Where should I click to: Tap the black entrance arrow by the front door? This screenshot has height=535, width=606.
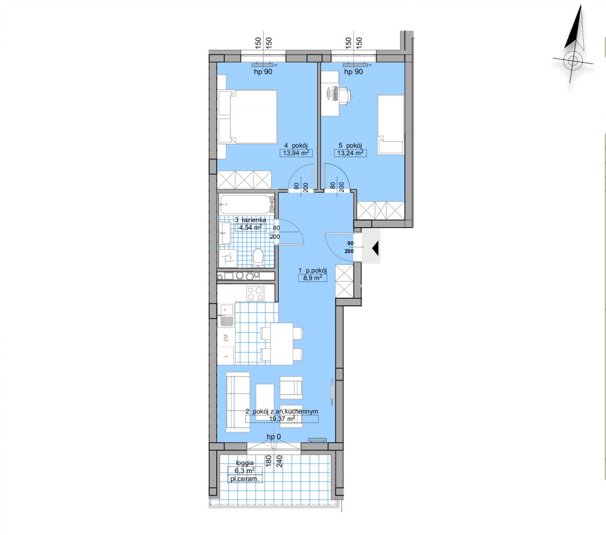[x=375, y=248]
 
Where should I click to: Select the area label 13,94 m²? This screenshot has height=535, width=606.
[x=296, y=153]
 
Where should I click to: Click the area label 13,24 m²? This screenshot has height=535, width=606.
[x=350, y=153]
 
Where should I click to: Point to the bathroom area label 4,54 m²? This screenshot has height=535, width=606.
[x=250, y=228]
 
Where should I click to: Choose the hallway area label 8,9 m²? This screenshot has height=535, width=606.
[x=313, y=278]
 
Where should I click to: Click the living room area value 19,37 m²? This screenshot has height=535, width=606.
[x=282, y=419]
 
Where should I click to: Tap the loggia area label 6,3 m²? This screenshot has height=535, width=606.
[x=245, y=470]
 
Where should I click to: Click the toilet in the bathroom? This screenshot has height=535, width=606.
[x=258, y=257]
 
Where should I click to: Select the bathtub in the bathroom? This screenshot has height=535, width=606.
[x=247, y=204]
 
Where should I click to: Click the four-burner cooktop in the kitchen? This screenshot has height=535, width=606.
[x=255, y=293]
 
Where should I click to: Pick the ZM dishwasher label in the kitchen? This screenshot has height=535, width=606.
[x=226, y=338]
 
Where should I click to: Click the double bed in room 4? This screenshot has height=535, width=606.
[x=248, y=117]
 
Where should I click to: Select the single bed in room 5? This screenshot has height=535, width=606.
[x=391, y=125]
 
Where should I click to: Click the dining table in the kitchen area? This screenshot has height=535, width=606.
[x=282, y=344]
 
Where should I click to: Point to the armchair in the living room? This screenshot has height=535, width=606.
[x=291, y=388]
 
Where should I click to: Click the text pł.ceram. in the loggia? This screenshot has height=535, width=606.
[x=244, y=479]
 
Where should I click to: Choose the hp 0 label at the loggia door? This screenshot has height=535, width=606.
[x=274, y=437]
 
